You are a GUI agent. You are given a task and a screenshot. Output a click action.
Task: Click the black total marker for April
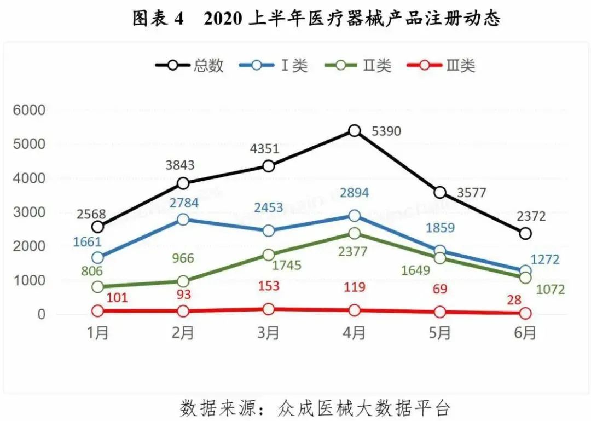click(x=354, y=131)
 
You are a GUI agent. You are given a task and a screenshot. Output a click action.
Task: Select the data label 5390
click(x=386, y=131)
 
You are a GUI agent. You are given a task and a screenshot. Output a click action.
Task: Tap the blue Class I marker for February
click(x=183, y=220)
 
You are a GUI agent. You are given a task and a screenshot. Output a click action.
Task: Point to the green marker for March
click(x=269, y=255)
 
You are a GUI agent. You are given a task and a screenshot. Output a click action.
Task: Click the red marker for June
click(x=525, y=313)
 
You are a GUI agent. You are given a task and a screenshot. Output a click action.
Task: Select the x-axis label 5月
click(x=439, y=332)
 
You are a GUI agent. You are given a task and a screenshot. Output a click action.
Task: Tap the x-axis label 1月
click(x=98, y=332)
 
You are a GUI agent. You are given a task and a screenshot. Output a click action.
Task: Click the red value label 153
click(x=269, y=286)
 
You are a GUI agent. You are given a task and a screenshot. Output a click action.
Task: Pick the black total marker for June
click(x=525, y=234)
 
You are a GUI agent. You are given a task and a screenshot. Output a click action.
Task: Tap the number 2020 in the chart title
click(x=222, y=19)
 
